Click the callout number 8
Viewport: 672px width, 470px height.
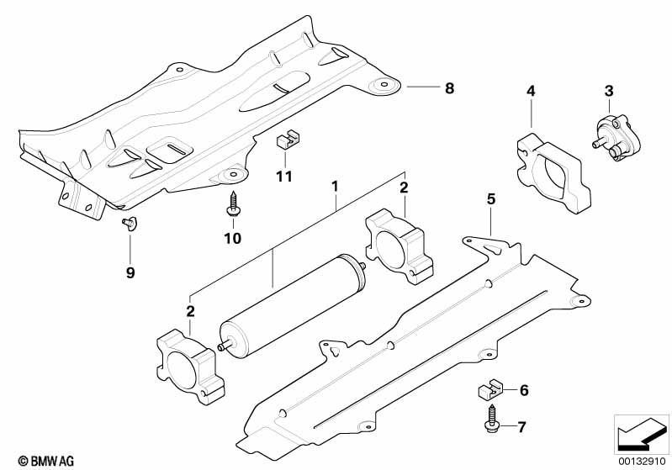tap(449, 88)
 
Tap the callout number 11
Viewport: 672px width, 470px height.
tap(284, 176)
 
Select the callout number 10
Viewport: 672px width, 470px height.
tap(233, 238)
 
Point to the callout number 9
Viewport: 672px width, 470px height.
tap(130, 272)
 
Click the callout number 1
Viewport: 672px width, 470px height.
tap(335, 187)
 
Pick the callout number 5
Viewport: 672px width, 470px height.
tap(491, 198)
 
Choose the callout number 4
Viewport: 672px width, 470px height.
tap(531, 91)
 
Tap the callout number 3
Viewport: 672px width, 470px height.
tap(609, 91)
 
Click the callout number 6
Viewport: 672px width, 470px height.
tap(524, 390)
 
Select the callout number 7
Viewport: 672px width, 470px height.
tap(521, 427)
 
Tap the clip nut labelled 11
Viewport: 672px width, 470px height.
tap(287, 140)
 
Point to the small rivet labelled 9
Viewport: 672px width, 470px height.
tap(129, 223)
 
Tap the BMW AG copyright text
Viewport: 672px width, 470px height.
tap(46, 461)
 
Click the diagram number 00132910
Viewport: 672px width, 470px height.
tap(643, 461)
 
